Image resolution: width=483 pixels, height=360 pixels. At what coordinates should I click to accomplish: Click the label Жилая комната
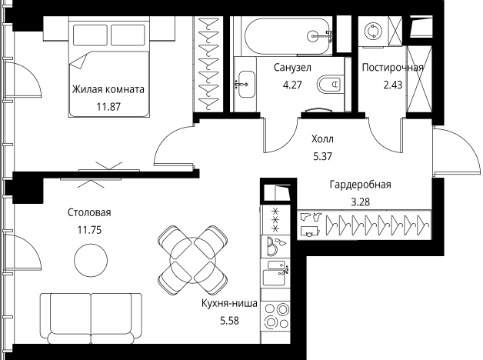click(108, 89)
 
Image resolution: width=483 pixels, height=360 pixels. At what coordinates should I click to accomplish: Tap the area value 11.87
click(108, 107)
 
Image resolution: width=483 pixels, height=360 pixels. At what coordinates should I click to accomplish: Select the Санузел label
click(292, 68)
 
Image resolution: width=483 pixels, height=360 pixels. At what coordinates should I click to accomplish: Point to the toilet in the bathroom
click(330, 83)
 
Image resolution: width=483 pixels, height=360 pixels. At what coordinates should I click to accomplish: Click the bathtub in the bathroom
click(288, 36)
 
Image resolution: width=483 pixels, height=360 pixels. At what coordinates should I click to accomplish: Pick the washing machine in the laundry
click(373, 32)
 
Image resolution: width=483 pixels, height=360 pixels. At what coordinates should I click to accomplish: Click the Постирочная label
click(392, 68)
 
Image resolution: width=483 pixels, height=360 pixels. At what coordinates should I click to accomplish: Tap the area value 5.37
click(322, 156)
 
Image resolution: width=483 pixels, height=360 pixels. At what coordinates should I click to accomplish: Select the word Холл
click(322, 139)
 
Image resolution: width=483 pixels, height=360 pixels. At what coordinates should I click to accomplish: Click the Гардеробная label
click(361, 185)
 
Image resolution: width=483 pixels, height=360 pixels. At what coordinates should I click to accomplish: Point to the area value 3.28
click(361, 202)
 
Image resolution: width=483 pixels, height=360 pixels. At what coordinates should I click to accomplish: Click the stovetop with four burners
click(277, 316)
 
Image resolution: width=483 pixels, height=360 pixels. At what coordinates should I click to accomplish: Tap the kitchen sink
click(275, 273)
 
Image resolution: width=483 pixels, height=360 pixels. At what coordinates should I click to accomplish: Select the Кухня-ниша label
click(229, 304)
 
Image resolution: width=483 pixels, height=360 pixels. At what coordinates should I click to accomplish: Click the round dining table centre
click(192, 260)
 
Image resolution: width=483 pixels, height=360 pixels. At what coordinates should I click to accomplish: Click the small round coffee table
click(91, 260)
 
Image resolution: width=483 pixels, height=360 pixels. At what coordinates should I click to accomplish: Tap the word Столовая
click(89, 213)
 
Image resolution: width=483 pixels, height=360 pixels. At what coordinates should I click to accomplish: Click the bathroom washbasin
click(245, 85)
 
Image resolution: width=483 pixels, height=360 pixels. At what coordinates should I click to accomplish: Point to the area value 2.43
click(393, 85)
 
